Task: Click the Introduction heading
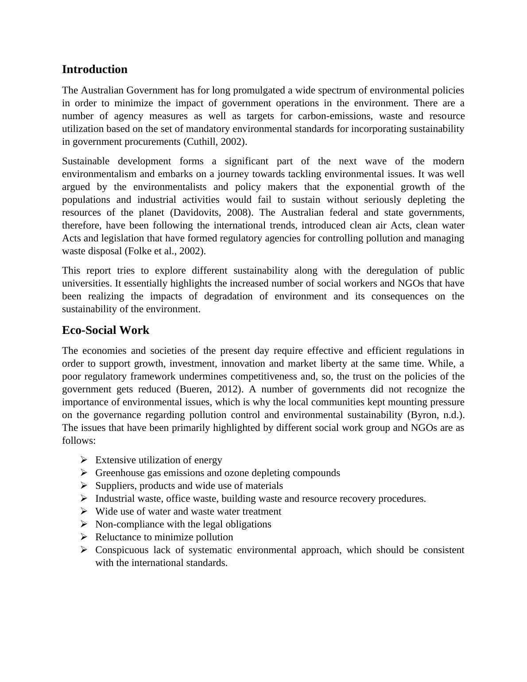94,70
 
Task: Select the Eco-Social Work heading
105,330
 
